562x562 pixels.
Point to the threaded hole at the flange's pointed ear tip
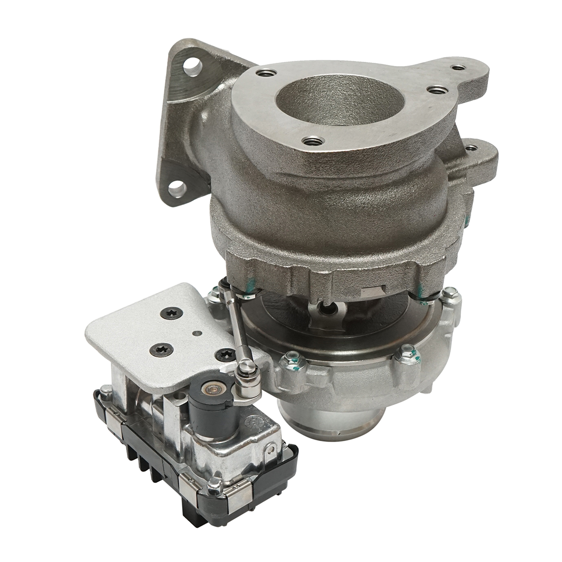point(458,67)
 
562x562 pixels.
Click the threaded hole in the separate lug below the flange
point(472,148)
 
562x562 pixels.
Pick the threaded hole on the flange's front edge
point(313,140)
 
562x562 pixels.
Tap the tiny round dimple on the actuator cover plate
point(197,333)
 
